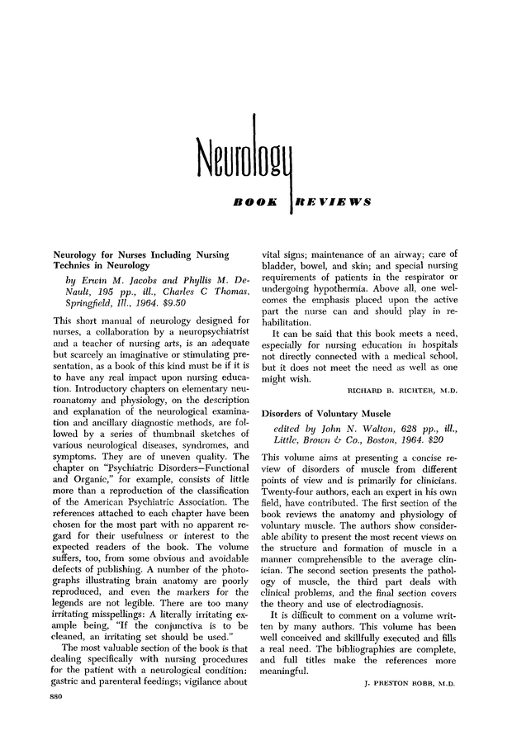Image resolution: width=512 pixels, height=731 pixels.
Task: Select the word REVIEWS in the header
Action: point(329,202)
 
